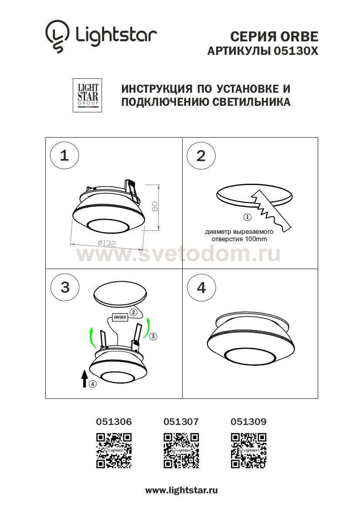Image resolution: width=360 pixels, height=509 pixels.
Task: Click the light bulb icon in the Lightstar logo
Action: click(57, 36)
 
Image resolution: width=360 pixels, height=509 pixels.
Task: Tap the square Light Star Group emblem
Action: click(88, 95)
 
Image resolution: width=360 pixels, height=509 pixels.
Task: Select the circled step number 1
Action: click(65, 155)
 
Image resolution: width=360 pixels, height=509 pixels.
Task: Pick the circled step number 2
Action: click(201, 156)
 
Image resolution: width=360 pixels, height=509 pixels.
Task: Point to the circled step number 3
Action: click(65, 287)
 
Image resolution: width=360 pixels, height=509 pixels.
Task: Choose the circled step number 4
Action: click(201, 288)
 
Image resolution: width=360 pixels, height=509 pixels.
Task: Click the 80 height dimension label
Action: click(155, 206)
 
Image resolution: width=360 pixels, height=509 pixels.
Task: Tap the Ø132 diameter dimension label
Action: click(107, 243)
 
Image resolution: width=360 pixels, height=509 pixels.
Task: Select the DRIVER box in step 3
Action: click(120, 317)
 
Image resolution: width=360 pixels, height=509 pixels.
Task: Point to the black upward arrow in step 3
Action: click(85, 378)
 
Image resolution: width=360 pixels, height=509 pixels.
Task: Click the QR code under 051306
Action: click(114, 451)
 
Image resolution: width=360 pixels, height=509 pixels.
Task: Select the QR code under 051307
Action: click(181, 451)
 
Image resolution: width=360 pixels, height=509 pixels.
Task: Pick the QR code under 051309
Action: click(248, 451)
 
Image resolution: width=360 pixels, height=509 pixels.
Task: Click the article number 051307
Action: click(181, 421)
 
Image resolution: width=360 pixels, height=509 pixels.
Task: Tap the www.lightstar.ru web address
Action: click(181, 491)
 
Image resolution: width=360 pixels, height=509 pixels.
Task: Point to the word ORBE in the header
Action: click(299, 37)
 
